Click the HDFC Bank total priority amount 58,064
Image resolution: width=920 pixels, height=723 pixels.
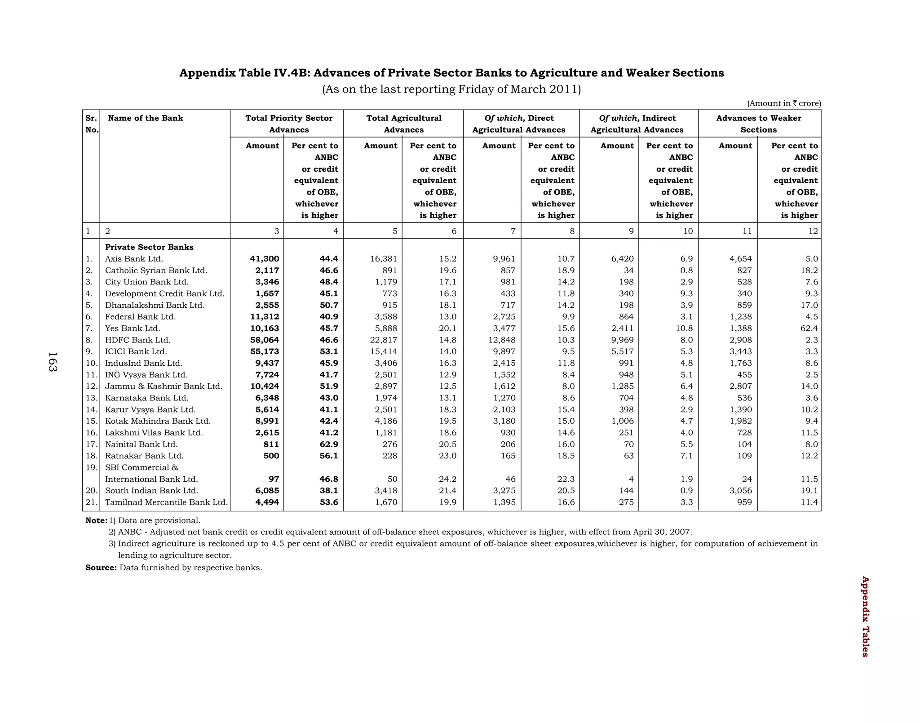coord(264,340)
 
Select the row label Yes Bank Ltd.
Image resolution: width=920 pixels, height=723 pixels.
coord(133,328)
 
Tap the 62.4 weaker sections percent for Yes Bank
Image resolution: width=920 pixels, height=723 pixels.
coord(809,328)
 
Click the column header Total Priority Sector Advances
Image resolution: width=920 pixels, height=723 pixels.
coord(289,124)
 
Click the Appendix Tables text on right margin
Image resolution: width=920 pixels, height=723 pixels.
coord(865,617)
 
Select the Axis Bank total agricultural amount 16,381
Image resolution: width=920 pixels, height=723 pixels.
coord(384,259)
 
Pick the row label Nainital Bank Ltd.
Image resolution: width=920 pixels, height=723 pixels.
coord(141,444)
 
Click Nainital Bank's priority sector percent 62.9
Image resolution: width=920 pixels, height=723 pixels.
coord(328,444)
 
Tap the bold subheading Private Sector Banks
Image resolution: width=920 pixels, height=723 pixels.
coord(149,247)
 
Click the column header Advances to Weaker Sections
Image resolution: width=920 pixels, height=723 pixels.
coord(758,124)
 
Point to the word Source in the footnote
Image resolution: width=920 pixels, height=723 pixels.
coord(101,568)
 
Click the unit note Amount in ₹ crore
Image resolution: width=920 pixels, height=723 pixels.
coord(784,103)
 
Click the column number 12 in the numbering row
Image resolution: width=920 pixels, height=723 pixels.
coord(813,231)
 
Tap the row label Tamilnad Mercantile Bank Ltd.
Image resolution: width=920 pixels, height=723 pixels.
coord(166,502)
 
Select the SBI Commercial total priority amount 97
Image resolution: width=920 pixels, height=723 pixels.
coord(274,479)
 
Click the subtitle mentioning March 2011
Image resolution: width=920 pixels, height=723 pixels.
coord(451,89)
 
